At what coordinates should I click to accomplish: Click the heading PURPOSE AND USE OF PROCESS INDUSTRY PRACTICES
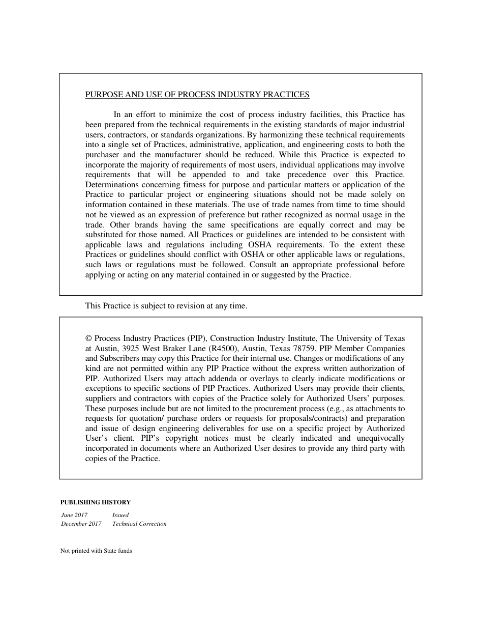click(197, 95)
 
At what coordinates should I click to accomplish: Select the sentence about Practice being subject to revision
click(166, 306)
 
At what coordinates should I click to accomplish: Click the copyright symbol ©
click(88, 338)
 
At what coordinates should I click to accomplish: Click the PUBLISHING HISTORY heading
click(96, 502)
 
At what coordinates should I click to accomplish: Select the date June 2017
click(74, 515)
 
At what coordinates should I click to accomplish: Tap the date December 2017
click(81, 524)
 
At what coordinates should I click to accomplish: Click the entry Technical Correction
click(139, 524)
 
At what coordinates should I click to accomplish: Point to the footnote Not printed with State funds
click(96, 551)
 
